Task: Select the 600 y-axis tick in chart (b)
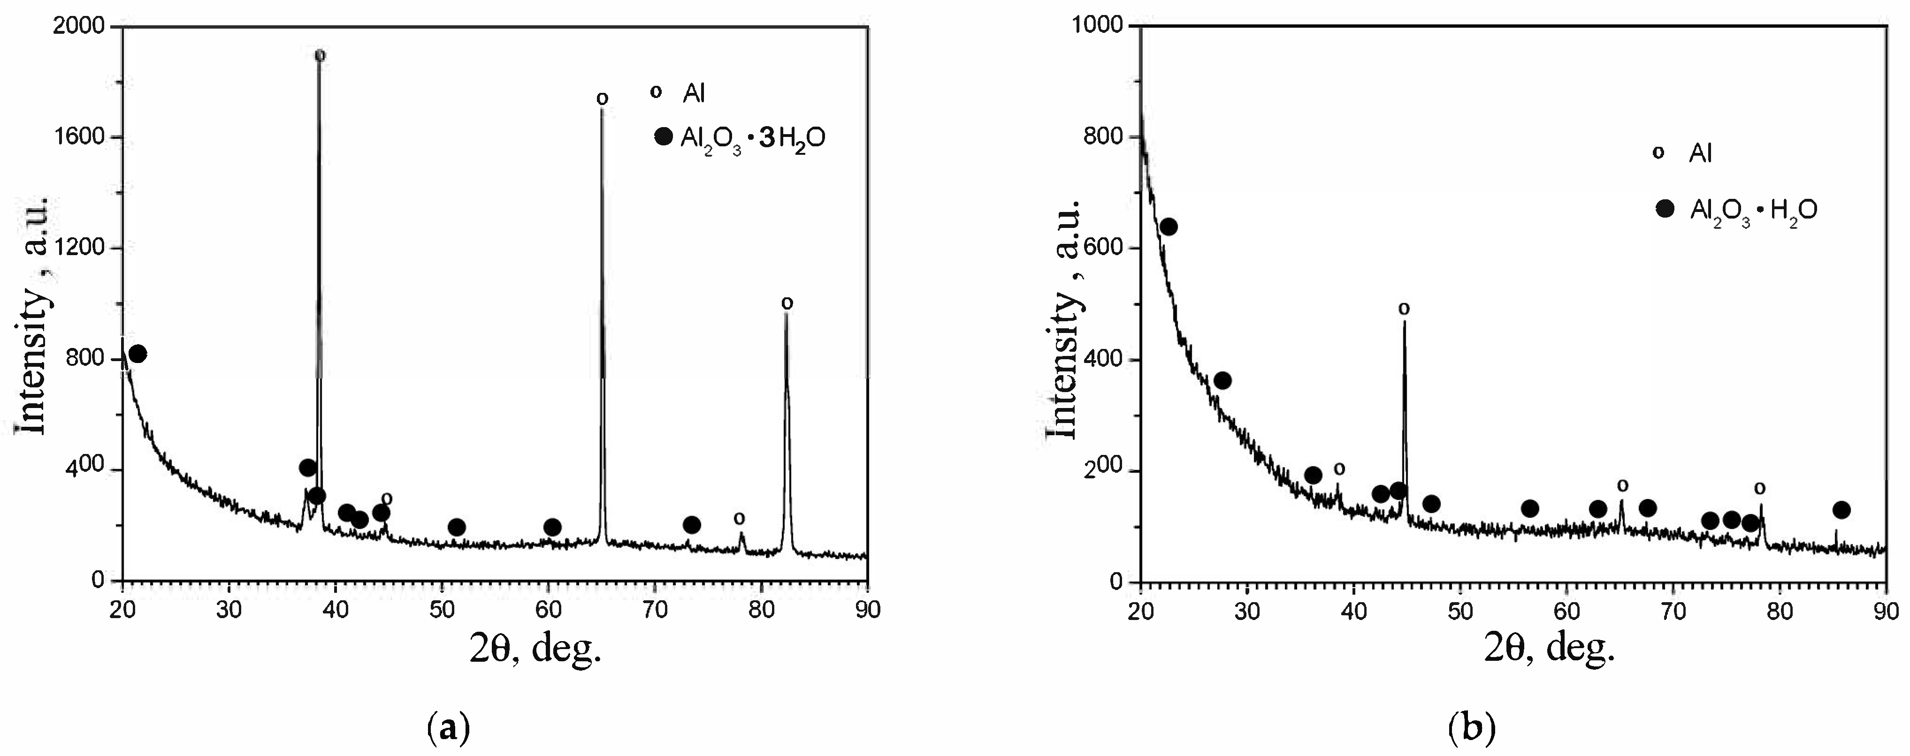(x=1104, y=248)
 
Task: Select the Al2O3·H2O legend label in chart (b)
(x=1754, y=211)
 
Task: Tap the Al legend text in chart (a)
(x=694, y=93)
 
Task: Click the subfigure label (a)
(x=449, y=729)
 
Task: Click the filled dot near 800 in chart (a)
(x=138, y=354)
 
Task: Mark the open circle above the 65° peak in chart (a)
(x=602, y=98)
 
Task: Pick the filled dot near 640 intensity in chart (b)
(x=1169, y=227)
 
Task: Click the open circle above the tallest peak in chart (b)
(x=1404, y=308)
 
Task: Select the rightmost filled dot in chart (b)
(x=1841, y=510)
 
